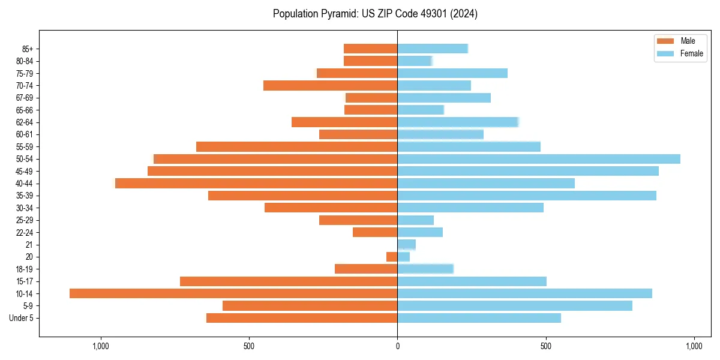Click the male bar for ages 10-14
tap(233, 293)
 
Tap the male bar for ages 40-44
tap(256, 183)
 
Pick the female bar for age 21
tap(407, 245)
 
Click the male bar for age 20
tap(392, 257)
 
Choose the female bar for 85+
tap(433, 49)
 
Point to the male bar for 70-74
tap(331, 86)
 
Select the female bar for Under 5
tap(479, 318)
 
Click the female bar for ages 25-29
tap(416, 220)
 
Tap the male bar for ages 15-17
tap(289, 281)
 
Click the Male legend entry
tap(680, 41)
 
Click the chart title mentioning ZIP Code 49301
tap(375, 14)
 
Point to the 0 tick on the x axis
tap(397, 346)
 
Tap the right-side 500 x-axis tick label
tap(545, 346)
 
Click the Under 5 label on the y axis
tap(22, 318)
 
